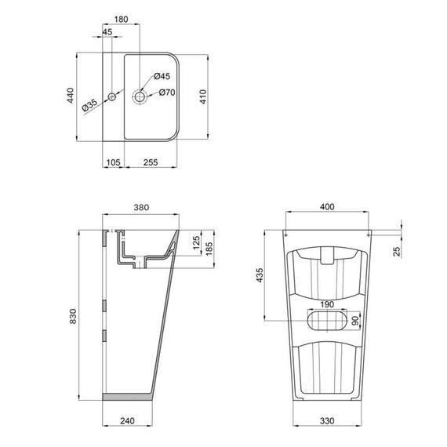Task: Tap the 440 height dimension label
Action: point(69,96)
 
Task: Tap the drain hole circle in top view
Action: point(141,96)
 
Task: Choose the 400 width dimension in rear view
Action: point(327,207)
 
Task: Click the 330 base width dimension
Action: point(329,421)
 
